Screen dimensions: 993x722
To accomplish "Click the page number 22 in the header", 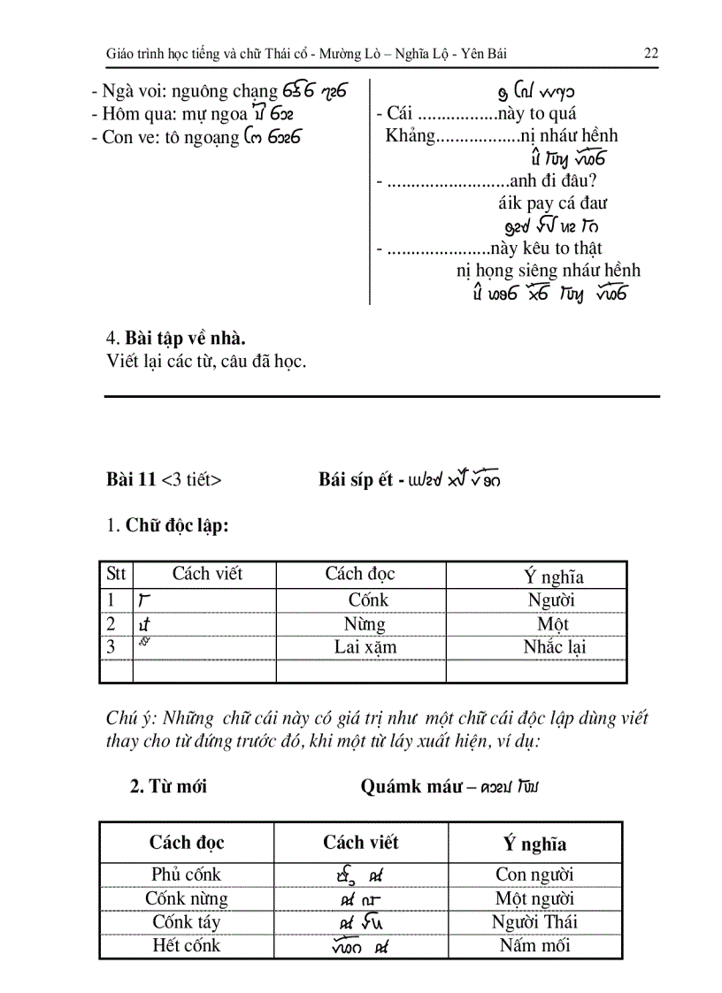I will (x=650, y=53).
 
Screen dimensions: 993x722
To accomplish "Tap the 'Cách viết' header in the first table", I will (x=207, y=573).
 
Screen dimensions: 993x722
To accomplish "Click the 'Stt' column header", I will (x=116, y=573).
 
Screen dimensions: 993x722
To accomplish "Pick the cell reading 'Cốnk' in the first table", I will (x=368, y=600).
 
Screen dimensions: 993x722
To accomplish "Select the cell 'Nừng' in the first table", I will (x=365, y=623).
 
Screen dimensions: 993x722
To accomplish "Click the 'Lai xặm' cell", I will (x=365, y=646).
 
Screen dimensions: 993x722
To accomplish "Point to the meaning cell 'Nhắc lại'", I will (x=555, y=646).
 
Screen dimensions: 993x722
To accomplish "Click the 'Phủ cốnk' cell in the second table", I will (x=186, y=875).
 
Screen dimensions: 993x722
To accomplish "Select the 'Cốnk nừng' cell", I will (x=187, y=898).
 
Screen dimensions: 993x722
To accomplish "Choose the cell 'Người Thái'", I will (x=534, y=921).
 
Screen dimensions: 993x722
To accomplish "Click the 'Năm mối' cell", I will (x=534, y=945).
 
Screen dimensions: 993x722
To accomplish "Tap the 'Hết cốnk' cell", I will (x=186, y=945).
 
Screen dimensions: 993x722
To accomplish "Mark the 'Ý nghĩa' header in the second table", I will (x=534, y=844).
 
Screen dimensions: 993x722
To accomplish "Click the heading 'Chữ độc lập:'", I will (x=177, y=526).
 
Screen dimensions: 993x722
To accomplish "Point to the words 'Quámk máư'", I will (x=411, y=786).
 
